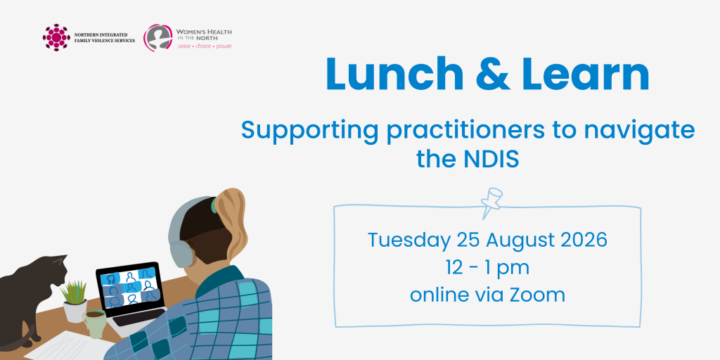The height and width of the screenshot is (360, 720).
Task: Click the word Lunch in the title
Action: (x=394, y=73)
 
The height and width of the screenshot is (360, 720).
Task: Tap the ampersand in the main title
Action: (x=493, y=74)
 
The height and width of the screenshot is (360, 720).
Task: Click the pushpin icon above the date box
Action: (x=490, y=202)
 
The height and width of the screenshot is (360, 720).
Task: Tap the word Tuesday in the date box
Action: (x=409, y=241)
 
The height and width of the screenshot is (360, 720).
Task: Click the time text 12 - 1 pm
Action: (x=488, y=268)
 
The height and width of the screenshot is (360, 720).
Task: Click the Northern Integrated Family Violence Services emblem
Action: (x=56, y=37)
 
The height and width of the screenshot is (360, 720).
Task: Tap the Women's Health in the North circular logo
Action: (x=157, y=37)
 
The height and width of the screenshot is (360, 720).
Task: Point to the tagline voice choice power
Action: (x=205, y=46)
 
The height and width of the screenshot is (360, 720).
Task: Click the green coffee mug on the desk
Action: (x=95, y=323)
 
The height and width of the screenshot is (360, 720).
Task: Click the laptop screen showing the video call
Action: (x=129, y=286)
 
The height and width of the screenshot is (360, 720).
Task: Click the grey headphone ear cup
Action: (x=182, y=253)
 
